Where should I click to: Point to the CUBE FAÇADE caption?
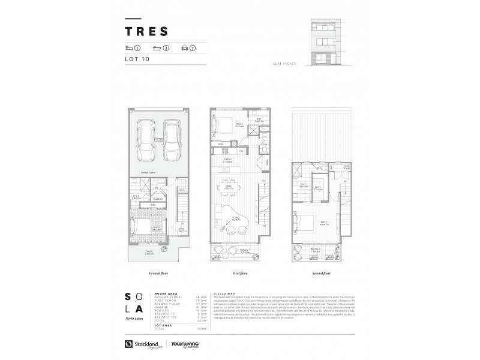click(x=286, y=62)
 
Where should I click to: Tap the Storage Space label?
click(x=149, y=172)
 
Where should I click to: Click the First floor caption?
click(x=240, y=273)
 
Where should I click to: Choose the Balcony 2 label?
click(x=316, y=250)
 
